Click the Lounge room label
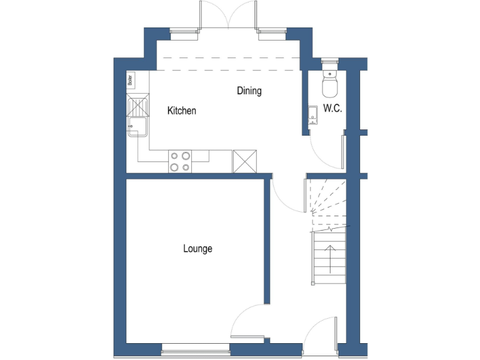point(197,249)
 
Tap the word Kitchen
point(182,111)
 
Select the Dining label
point(249,91)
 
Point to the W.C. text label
point(332,108)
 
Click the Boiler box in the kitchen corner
point(131,79)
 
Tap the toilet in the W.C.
point(329,81)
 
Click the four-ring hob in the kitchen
point(180,161)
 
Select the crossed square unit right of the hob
point(244,161)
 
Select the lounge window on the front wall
point(195,352)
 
